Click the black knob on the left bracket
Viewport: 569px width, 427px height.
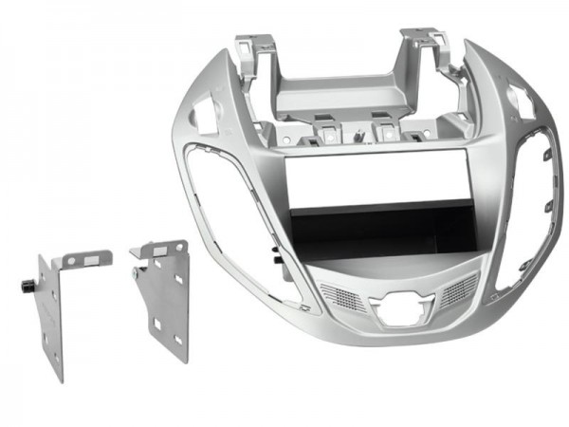click(x=23, y=284)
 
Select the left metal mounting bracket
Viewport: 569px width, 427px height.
click(x=56, y=313)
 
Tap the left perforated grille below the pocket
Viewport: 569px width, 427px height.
click(x=342, y=297)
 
